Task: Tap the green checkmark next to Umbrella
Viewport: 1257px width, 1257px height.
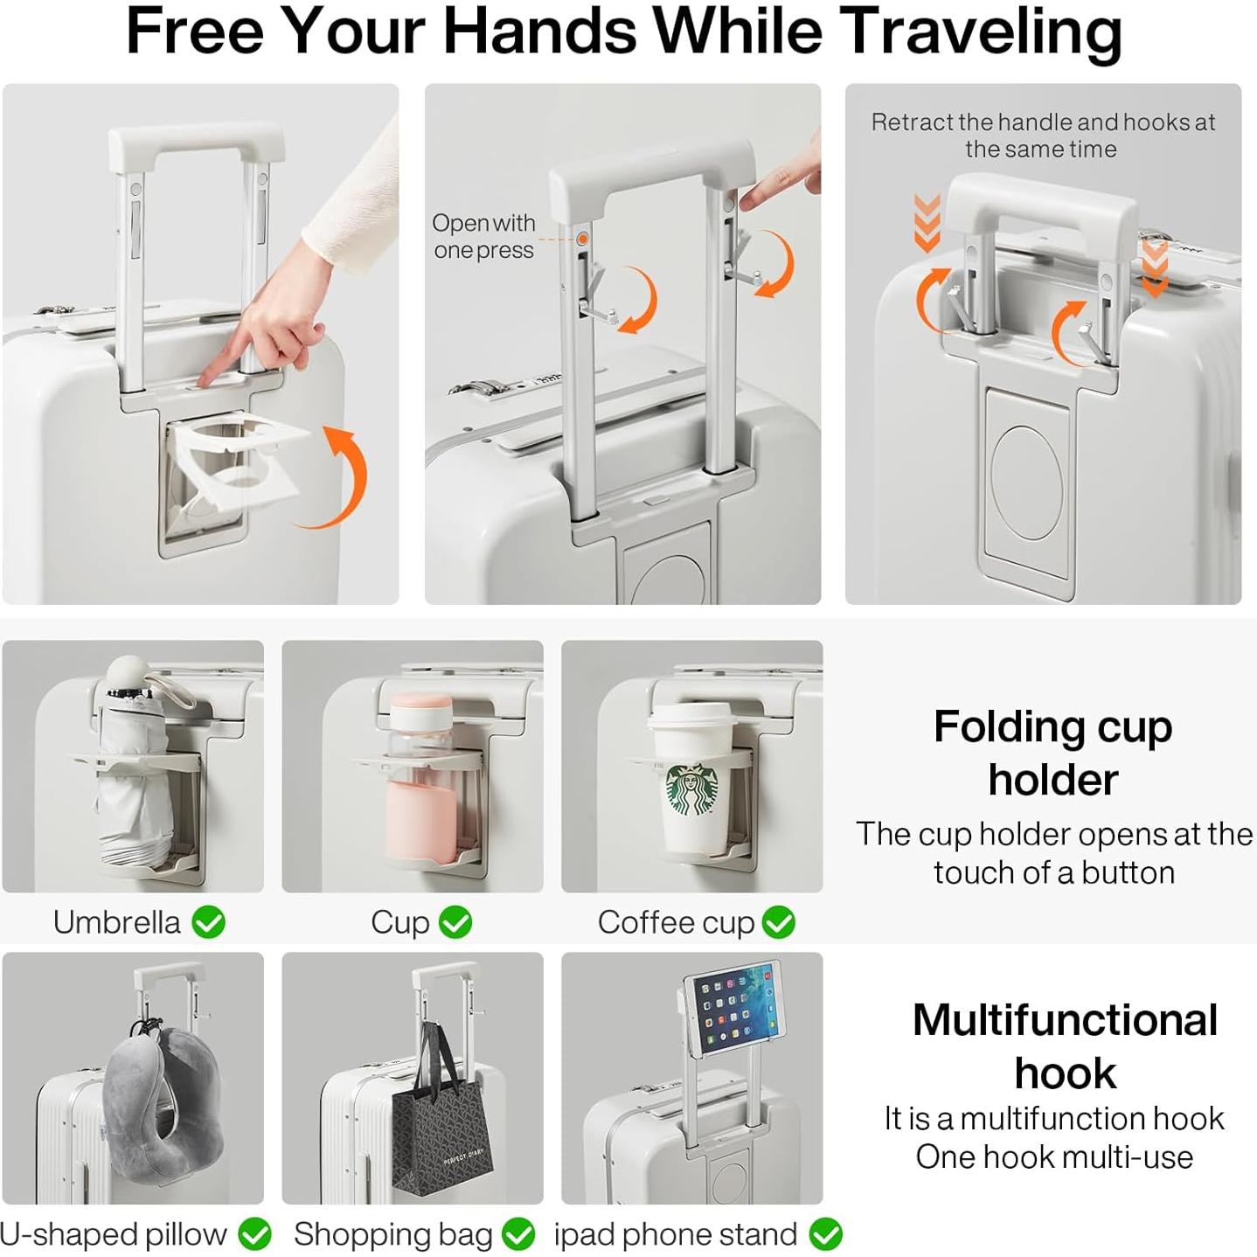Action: pyautogui.click(x=209, y=922)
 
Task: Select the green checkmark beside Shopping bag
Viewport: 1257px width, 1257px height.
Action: pyautogui.click(x=518, y=1234)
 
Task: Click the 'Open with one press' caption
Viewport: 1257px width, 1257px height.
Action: pyautogui.click(x=483, y=236)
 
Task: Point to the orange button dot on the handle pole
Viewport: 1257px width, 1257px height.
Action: pyautogui.click(x=582, y=239)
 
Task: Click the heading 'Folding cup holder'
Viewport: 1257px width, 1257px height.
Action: pyautogui.click(x=1052, y=752)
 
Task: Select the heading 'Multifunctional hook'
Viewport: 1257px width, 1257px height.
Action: pyautogui.click(x=1065, y=1045)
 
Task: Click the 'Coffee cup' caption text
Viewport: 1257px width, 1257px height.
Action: pyautogui.click(x=676, y=922)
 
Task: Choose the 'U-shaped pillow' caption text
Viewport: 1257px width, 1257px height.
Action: pyautogui.click(x=114, y=1234)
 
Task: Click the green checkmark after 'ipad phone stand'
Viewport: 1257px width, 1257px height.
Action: pyautogui.click(x=825, y=1234)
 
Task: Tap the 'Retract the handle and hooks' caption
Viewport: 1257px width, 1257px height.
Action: pyautogui.click(x=1042, y=135)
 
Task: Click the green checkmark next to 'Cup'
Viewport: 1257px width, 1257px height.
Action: pyautogui.click(x=455, y=922)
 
